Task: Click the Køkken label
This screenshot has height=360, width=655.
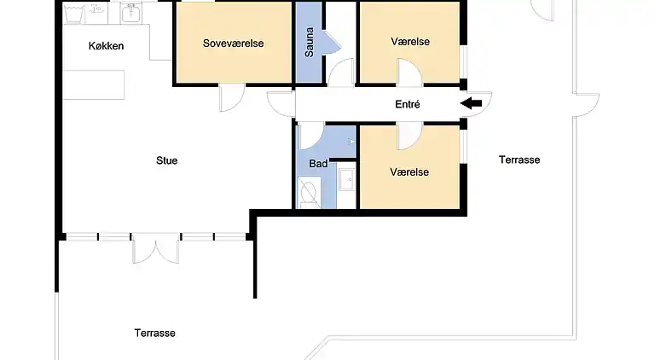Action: [107, 45]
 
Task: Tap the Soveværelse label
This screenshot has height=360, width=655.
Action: [233, 43]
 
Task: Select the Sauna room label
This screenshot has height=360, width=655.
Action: [310, 43]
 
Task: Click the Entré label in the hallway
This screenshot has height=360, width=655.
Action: [408, 104]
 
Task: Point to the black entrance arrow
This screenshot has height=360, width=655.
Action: [471, 104]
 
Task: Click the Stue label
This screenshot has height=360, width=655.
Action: [167, 160]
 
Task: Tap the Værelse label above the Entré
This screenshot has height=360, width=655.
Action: [409, 42]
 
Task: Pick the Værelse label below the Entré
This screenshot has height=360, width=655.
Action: [409, 171]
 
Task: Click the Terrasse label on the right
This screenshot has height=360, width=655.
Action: [519, 160]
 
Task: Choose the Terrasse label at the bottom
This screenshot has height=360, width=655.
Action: [154, 333]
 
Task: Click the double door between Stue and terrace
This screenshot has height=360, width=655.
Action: [156, 248]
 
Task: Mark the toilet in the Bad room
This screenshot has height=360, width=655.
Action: [309, 193]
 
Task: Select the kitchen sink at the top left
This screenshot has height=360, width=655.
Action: [131, 12]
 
